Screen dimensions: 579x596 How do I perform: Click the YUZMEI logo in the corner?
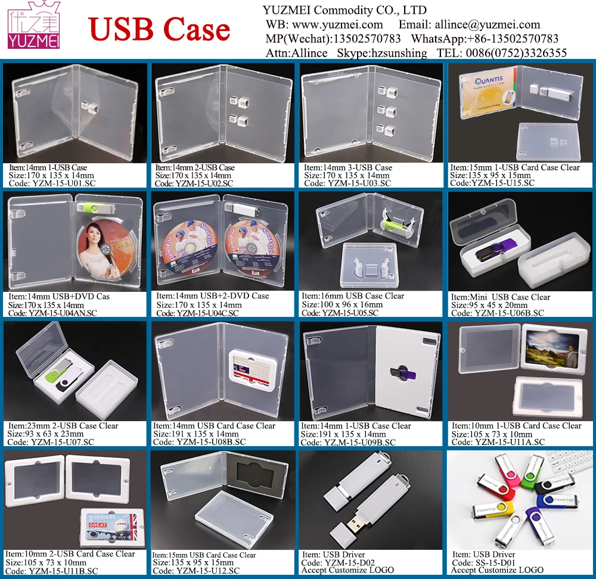(35, 26)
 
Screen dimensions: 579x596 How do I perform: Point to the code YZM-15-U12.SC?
(206, 571)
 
